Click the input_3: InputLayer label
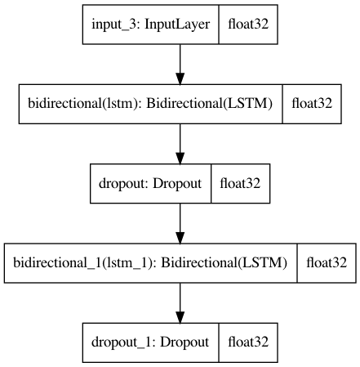coord(150,25)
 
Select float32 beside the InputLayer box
coord(248,24)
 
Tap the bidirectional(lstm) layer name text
coord(150,104)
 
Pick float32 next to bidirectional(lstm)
coord(312,104)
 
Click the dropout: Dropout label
coord(150,183)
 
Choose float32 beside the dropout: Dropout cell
coord(240,183)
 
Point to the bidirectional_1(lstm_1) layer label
coord(150,263)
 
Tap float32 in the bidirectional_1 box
coord(327,262)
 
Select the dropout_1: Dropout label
coord(150,342)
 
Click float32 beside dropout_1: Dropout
coord(248,342)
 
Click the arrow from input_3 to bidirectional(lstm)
coord(180,65)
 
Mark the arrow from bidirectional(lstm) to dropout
coord(180,144)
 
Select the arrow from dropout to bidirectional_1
coord(180,223)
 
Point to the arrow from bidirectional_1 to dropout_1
coord(180,303)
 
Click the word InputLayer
coord(177,25)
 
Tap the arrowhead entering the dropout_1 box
coord(180,317)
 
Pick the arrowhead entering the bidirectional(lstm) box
coord(180,78)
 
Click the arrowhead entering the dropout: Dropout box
coord(180,159)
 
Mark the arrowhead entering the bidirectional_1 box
coord(180,238)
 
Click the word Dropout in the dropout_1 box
coord(184,342)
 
